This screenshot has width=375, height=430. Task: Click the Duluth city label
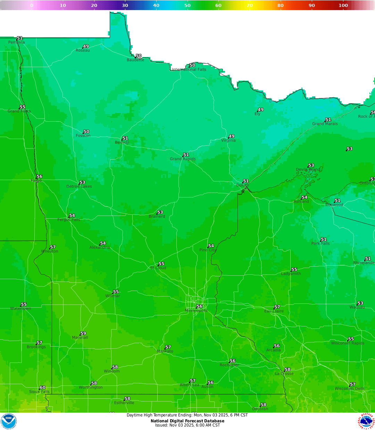pos(243,185)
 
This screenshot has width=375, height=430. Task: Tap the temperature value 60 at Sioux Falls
pos(42,388)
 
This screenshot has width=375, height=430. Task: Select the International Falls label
pos(189,70)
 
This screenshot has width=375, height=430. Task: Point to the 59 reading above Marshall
pos(83,333)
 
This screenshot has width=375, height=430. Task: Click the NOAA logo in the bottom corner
pos(9,421)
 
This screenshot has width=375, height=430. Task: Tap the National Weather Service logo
pos(366,421)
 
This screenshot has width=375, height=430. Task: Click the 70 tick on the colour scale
pos(250,5)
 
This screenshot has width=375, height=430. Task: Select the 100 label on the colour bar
pos(343,5)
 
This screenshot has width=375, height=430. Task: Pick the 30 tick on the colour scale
pos(125,5)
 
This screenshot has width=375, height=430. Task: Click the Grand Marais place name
pos(325,124)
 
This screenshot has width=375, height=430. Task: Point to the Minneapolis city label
pos(196,310)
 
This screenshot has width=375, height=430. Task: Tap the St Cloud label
pos(158,268)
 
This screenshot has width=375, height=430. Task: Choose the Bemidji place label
pos(122,143)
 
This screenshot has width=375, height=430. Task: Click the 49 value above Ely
pos(261,109)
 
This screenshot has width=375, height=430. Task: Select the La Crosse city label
pos(284,374)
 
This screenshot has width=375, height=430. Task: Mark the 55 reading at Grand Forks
pos(23,107)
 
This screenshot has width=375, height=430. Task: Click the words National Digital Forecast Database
pos(187,421)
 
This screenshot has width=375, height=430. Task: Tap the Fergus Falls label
pos(69,220)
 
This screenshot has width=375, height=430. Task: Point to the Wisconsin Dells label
pos(349,389)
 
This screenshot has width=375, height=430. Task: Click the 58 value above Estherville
pos(127,399)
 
